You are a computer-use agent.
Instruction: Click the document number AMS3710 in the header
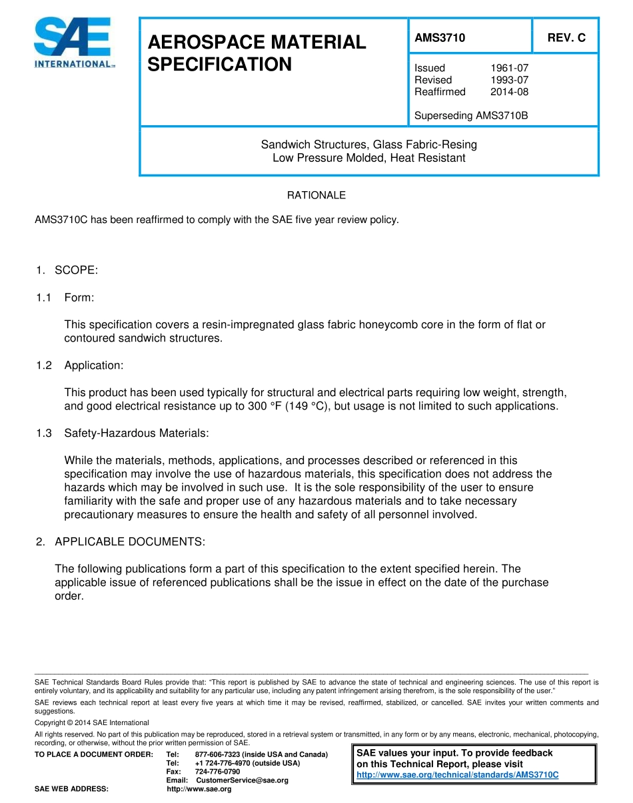pos(440,38)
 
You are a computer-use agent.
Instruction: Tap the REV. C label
pos(566,38)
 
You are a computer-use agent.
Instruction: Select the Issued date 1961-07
pos(509,68)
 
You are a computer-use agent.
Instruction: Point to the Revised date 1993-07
pos(509,80)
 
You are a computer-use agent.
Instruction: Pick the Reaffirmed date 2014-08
pos(509,92)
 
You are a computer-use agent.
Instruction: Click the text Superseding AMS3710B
pos(470,115)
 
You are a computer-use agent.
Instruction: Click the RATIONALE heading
pos(316,195)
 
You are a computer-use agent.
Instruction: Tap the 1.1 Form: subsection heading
pos(65,298)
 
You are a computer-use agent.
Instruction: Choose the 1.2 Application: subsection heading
pos(80,366)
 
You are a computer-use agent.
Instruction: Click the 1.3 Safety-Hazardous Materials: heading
pos(123,433)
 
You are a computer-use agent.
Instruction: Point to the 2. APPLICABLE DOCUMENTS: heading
pos(121,541)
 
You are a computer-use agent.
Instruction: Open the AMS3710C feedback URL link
pos(457,775)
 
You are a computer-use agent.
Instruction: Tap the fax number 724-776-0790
pos(217,772)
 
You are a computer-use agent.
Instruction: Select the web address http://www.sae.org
pos(199,789)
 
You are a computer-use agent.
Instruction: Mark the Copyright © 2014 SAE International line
pos(91,722)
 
